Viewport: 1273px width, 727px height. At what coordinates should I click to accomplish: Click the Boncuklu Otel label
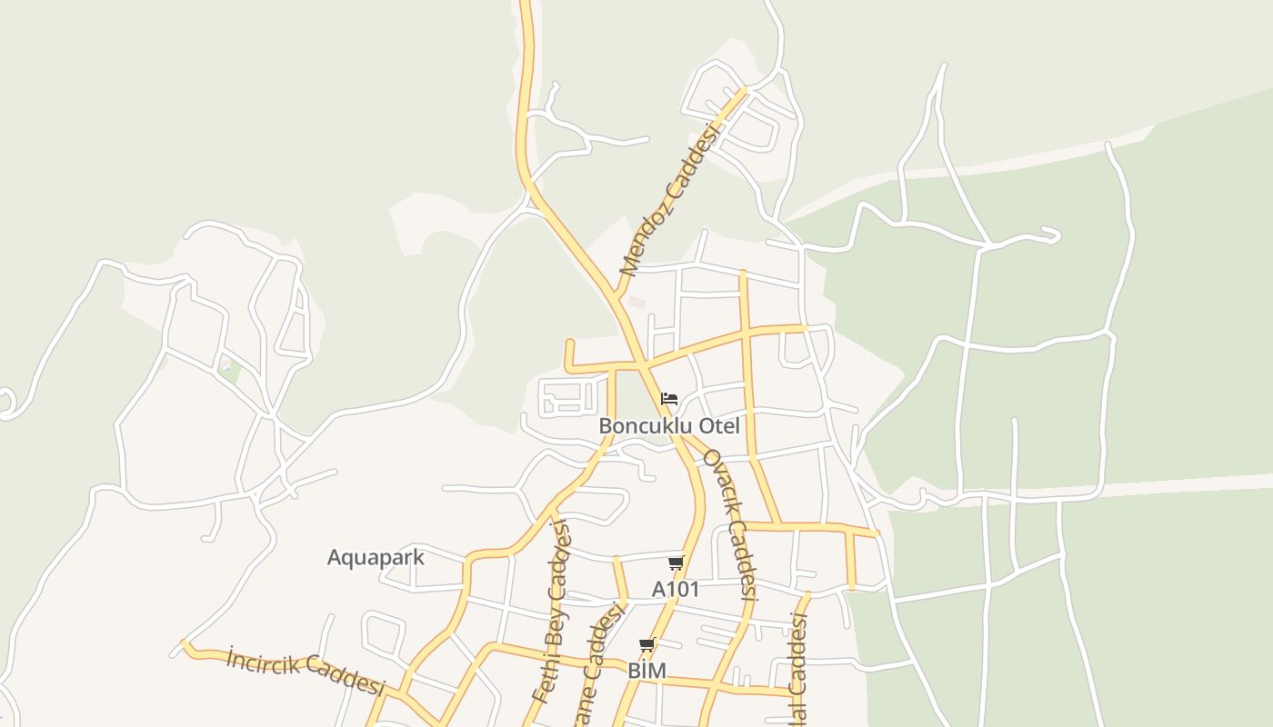click(669, 426)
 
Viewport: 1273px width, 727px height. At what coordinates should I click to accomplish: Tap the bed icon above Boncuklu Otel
click(669, 399)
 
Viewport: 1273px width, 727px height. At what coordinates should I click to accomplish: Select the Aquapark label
click(376, 557)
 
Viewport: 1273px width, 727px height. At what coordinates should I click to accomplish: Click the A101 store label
click(676, 589)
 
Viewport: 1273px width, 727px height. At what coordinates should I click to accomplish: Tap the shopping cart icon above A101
click(676, 563)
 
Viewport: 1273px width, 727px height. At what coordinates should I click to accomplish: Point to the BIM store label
click(647, 671)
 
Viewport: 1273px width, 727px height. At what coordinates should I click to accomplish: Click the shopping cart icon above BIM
click(647, 645)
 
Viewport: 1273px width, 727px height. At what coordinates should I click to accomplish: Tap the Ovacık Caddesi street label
click(730, 525)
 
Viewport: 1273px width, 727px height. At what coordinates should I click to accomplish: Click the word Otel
click(718, 426)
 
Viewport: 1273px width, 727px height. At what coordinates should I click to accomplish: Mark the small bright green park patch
click(230, 370)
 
